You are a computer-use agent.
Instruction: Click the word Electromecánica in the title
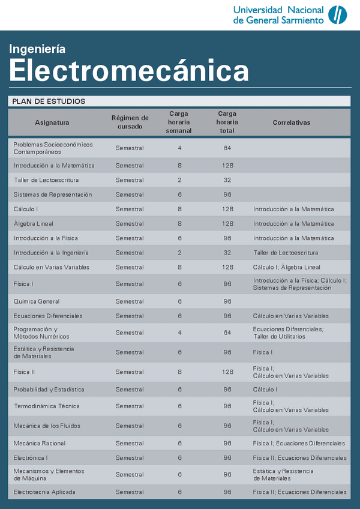(x=128, y=71)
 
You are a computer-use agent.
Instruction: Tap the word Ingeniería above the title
(x=37, y=49)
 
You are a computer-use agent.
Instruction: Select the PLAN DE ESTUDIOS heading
(x=49, y=101)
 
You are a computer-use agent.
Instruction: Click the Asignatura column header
(x=52, y=122)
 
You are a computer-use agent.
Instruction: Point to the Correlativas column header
(x=291, y=122)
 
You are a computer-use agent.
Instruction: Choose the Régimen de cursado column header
(x=130, y=122)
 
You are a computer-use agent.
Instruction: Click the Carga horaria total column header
(x=227, y=122)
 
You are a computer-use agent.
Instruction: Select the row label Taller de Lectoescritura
(x=46, y=180)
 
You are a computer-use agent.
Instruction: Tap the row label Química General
(x=37, y=301)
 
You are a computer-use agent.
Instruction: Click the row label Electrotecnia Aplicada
(x=45, y=492)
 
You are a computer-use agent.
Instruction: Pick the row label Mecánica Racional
(x=40, y=444)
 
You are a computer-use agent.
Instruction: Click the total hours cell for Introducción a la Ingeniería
(x=227, y=253)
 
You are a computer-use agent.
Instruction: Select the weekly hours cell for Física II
(x=179, y=372)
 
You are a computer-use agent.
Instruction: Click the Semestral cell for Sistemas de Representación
(x=130, y=194)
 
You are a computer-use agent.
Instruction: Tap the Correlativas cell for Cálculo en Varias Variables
(x=286, y=267)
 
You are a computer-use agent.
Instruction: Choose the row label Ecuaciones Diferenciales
(x=48, y=316)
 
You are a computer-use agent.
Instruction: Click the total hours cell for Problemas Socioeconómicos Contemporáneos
(x=227, y=148)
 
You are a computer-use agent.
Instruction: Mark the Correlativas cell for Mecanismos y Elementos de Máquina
(x=283, y=475)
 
